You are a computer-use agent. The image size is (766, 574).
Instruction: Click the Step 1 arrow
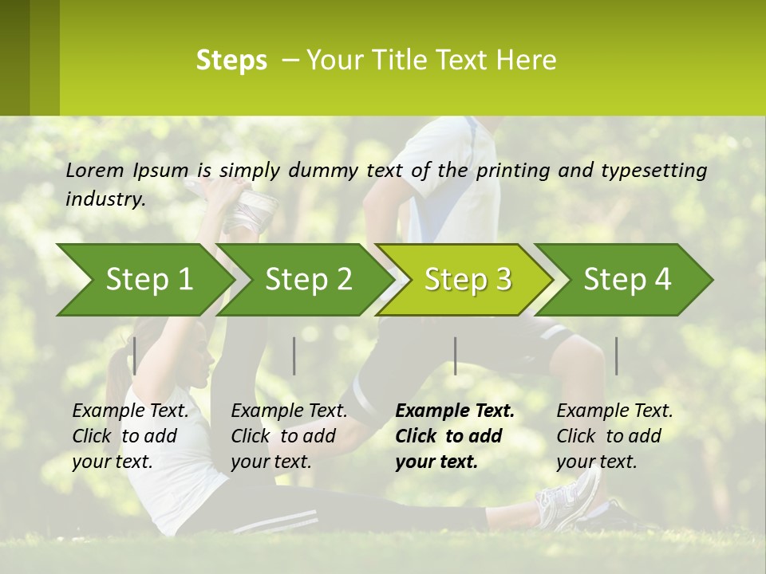tap(148, 280)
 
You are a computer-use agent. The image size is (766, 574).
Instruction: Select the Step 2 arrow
tap(308, 280)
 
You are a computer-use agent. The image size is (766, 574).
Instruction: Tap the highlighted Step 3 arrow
tap(468, 280)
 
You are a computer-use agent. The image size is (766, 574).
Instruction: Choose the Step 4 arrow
tap(627, 280)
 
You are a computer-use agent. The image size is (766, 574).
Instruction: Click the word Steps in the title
tap(231, 61)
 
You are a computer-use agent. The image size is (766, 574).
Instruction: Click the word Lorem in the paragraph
tap(95, 170)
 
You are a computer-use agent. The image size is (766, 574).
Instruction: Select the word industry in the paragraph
tap(105, 199)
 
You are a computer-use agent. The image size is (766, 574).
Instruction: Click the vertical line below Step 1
tap(135, 356)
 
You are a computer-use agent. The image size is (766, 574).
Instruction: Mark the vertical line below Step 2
tap(294, 356)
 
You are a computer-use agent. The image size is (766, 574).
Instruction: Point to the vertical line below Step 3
tap(455, 356)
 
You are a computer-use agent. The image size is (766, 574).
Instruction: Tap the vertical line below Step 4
tap(616, 356)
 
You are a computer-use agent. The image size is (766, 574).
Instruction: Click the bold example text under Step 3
tap(454, 436)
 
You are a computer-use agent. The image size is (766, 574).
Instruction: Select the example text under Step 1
tap(129, 436)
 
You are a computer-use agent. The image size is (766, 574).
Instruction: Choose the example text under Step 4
tap(614, 436)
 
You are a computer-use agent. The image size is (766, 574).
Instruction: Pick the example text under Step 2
tap(288, 436)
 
